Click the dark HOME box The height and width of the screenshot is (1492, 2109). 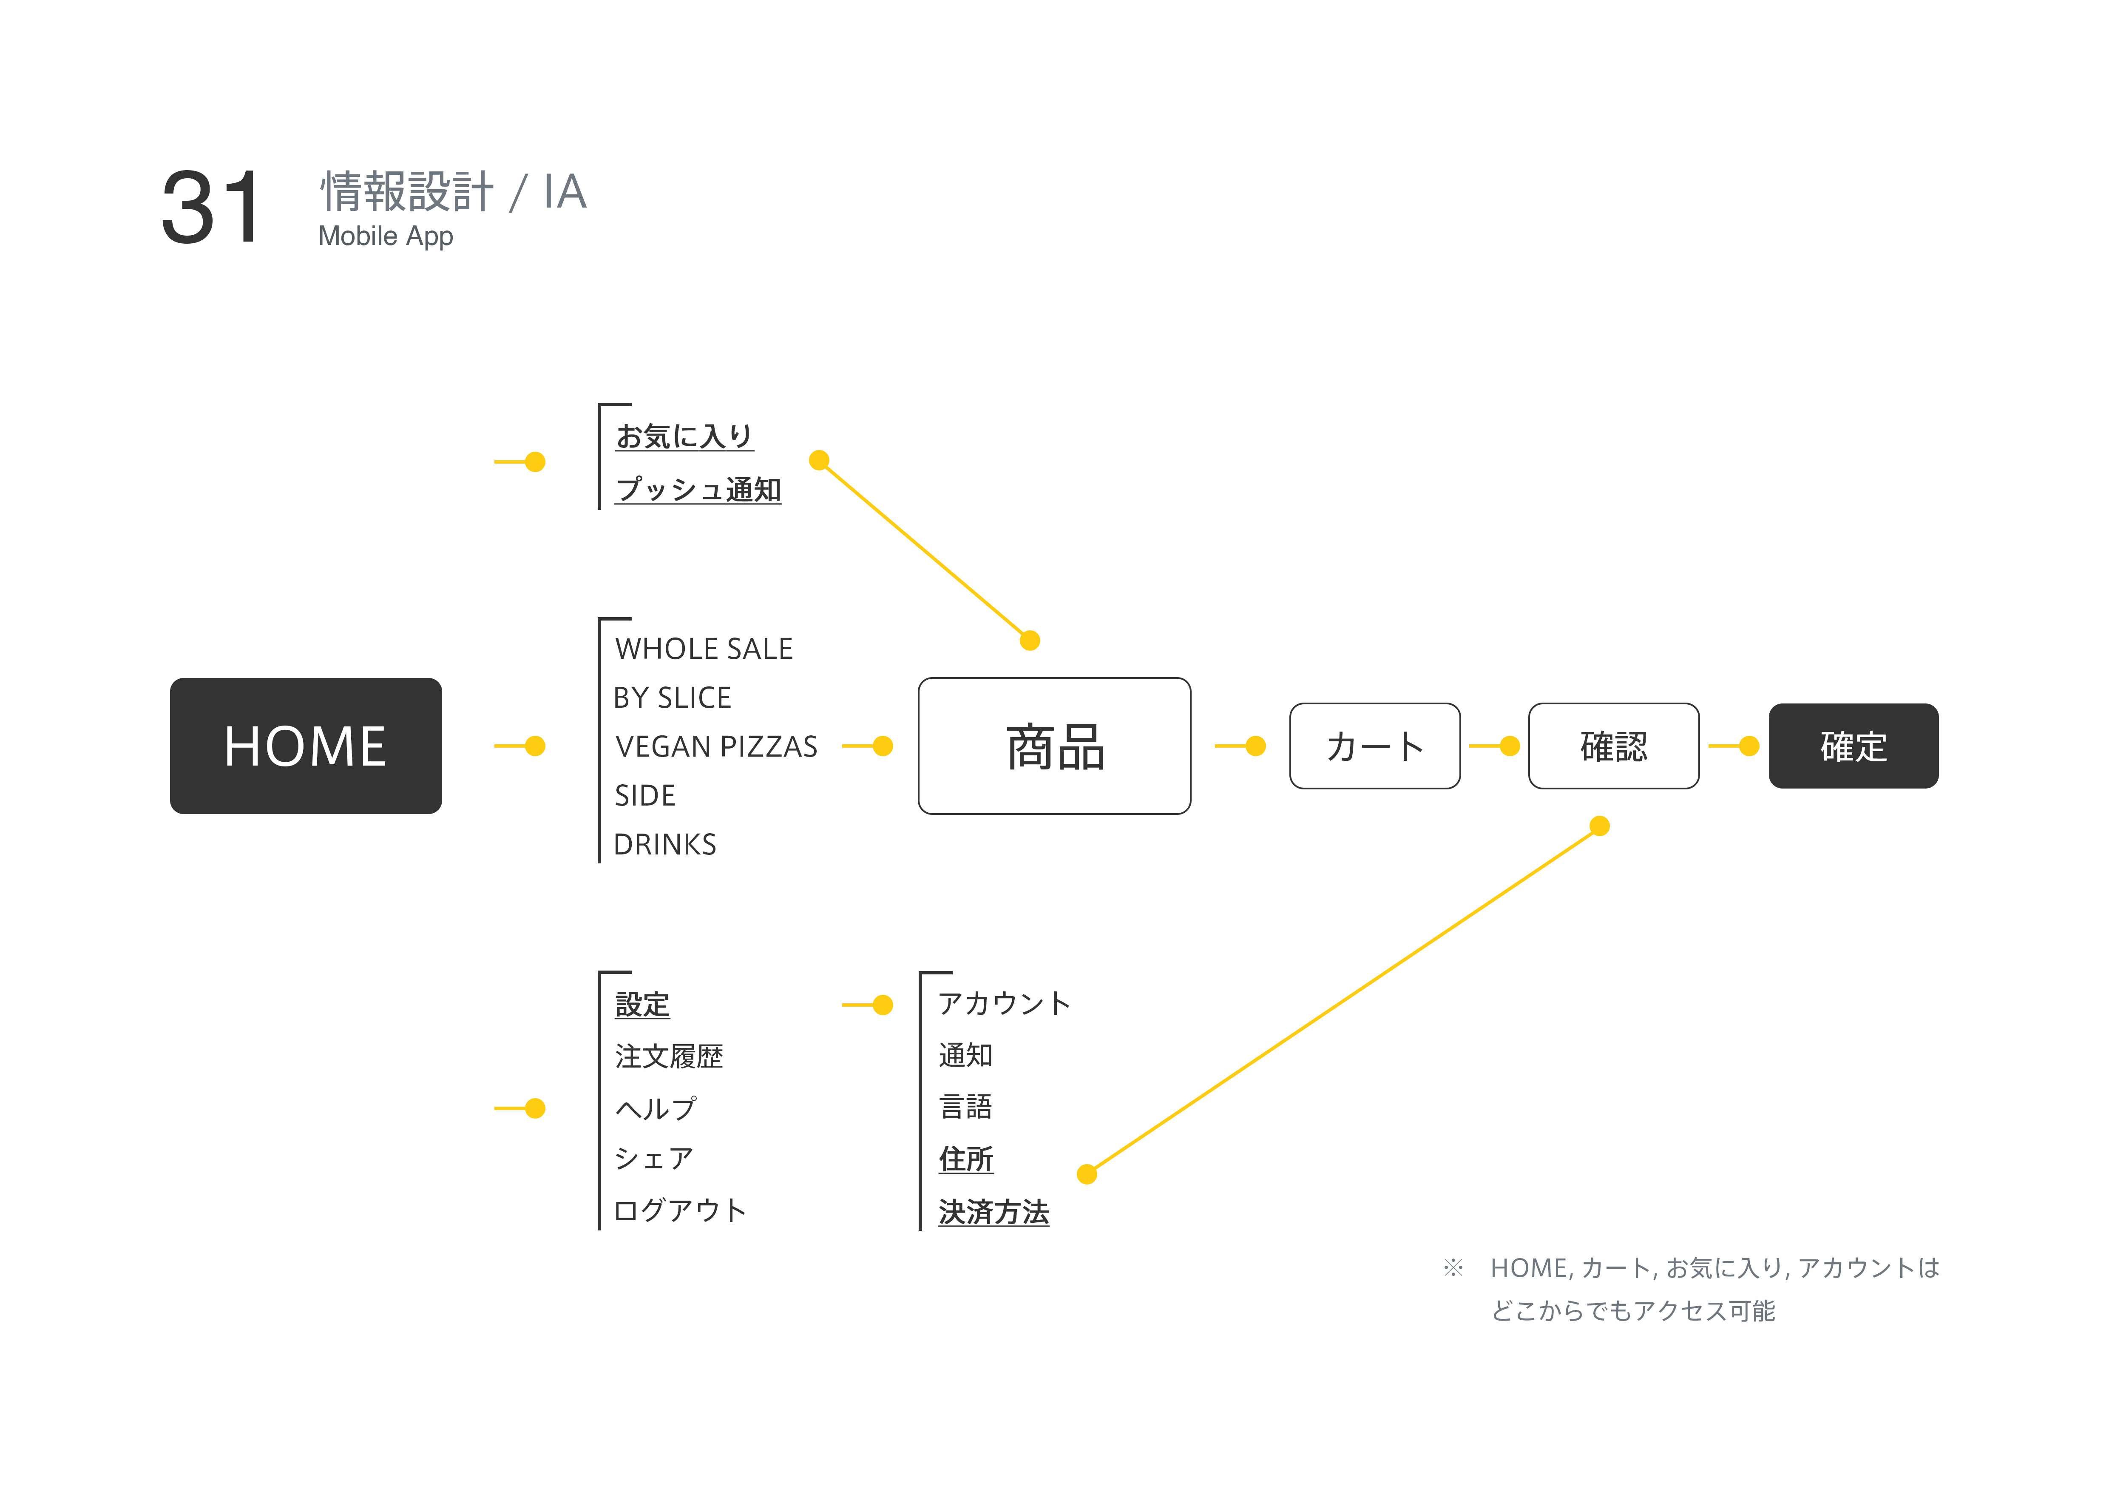pyautogui.click(x=306, y=746)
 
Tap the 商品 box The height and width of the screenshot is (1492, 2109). pyautogui.click(x=1054, y=746)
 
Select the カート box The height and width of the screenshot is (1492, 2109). pyautogui.click(x=1375, y=746)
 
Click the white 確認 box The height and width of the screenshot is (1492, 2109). pyautogui.click(x=1614, y=746)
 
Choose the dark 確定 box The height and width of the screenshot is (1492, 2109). pyautogui.click(x=1854, y=746)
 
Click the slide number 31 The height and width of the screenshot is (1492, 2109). pyautogui.click(x=211, y=208)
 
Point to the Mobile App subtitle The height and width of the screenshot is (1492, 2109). pyautogui.click(x=386, y=236)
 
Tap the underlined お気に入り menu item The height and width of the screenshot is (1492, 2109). pyautogui.click(x=684, y=436)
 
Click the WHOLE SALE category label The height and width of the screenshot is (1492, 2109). pyautogui.click(x=704, y=649)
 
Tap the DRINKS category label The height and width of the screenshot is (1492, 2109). pyautogui.click(x=665, y=844)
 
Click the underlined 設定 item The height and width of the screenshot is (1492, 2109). pyautogui.click(x=642, y=1004)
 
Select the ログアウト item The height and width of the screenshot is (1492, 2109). pyautogui.click(x=680, y=1210)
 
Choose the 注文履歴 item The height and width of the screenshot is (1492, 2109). pyautogui.click(x=669, y=1056)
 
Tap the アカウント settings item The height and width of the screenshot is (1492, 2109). pyautogui.click(x=1004, y=1003)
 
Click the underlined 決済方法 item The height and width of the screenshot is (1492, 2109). pyautogui.click(x=994, y=1212)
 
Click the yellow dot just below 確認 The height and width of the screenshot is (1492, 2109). pyautogui.click(x=1599, y=826)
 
